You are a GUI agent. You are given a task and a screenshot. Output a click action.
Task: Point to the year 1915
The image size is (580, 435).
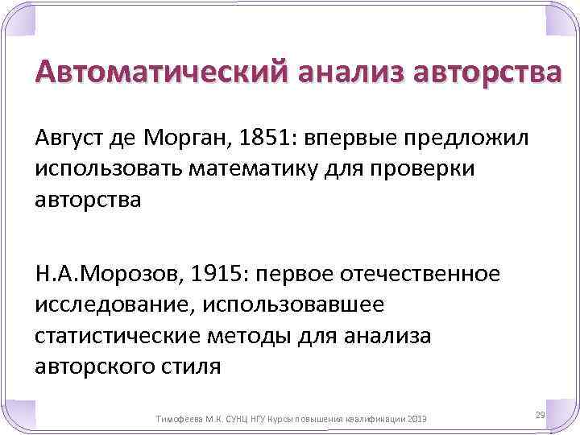pyautogui.click(x=225, y=275)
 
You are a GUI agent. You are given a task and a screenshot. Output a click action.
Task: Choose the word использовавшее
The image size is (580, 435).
pyautogui.click(x=294, y=305)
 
